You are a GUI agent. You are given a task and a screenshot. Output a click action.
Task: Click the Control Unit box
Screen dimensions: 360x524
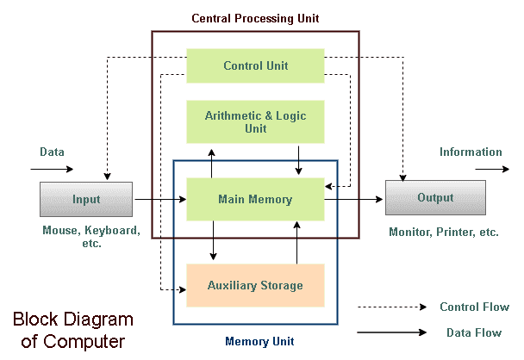pyautogui.click(x=255, y=65)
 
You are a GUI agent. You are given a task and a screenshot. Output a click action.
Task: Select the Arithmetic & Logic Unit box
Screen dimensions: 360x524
pyautogui.click(x=255, y=121)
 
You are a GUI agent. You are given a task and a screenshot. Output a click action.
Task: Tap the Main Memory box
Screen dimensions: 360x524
pyautogui.click(x=255, y=200)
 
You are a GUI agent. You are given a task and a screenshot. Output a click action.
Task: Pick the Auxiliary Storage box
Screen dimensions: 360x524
pyautogui.click(x=255, y=285)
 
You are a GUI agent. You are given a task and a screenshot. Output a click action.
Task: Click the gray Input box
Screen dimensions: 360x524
pyautogui.click(x=86, y=200)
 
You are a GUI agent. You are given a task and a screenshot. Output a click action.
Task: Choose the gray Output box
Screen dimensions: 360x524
pyautogui.click(x=435, y=198)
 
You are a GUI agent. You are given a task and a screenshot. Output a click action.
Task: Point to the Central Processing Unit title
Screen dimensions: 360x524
pyautogui.click(x=256, y=17)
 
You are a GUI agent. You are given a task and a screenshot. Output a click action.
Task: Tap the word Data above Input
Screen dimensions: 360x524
pyautogui.click(x=52, y=152)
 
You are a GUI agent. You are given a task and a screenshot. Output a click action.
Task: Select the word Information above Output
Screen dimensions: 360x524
pyautogui.click(x=471, y=152)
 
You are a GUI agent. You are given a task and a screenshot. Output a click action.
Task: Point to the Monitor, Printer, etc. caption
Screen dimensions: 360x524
pyautogui.click(x=444, y=233)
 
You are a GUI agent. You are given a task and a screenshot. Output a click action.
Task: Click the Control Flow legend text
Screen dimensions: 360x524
pyautogui.click(x=474, y=307)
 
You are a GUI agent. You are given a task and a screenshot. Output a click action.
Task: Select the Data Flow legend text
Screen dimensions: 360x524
pyautogui.click(x=474, y=332)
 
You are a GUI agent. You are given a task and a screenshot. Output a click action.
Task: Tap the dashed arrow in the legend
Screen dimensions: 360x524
pyautogui.click(x=392, y=307)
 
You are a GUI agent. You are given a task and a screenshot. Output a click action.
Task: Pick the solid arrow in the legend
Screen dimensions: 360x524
pyautogui.click(x=392, y=332)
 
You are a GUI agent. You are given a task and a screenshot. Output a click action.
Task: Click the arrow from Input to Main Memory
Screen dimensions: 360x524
pyautogui.click(x=159, y=200)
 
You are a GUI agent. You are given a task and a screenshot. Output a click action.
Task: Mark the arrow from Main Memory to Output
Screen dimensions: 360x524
pyautogui.click(x=353, y=200)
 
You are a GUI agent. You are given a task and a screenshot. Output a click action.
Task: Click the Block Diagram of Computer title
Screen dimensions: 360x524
pyautogui.click(x=72, y=331)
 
